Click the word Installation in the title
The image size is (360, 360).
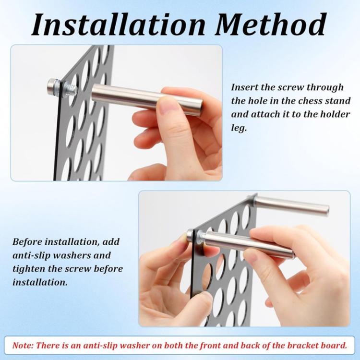[x=119, y=24]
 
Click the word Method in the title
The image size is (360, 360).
[x=270, y=24]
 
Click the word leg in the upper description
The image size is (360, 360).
[x=239, y=128]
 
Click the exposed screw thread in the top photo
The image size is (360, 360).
[x=71, y=90]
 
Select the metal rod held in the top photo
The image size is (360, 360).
[x=147, y=100]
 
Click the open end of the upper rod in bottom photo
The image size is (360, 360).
[x=326, y=211]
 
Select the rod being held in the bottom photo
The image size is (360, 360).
[x=249, y=244]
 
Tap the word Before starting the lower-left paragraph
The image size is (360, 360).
[x=27, y=242]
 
